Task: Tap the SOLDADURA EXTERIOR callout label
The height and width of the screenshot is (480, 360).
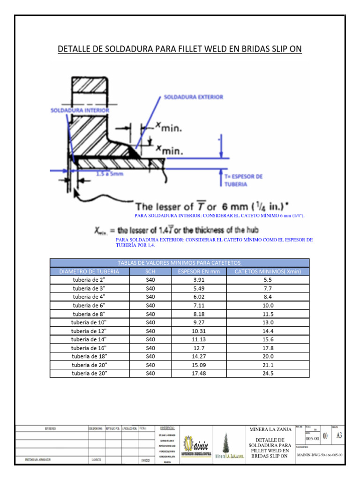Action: (x=193, y=97)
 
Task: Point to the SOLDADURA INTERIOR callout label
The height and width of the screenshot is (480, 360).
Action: (x=80, y=110)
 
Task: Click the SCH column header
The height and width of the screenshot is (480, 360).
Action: (x=150, y=271)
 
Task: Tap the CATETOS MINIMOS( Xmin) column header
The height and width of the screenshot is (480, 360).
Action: (x=268, y=271)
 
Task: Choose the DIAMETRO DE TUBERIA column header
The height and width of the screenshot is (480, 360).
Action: (x=89, y=271)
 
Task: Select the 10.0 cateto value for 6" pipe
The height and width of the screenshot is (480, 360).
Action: (x=268, y=305)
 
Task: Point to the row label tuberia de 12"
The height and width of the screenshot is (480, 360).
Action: (x=89, y=331)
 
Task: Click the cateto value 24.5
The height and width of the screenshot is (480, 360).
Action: (x=268, y=373)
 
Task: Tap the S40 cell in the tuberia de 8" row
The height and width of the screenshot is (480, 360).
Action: (x=150, y=314)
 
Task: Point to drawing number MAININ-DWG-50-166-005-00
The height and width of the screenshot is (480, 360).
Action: (x=320, y=455)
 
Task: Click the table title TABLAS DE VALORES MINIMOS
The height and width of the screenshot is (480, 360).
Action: (x=180, y=263)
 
